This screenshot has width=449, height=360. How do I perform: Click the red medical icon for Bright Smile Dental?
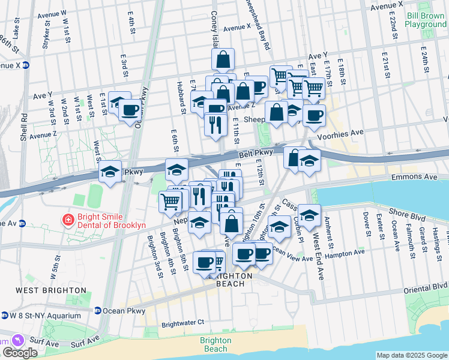pyautogui.click(x=68, y=221)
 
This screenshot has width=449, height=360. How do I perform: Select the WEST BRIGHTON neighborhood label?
pyautogui.click(x=51, y=290)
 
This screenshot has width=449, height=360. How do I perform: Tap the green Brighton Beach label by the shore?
pyautogui.click(x=215, y=344)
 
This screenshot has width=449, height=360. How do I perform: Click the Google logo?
pyautogui.click(x=20, y=353)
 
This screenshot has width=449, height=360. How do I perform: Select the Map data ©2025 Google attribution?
pyautogui.click(x=412, y=355)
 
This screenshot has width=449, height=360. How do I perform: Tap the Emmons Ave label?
pyautogui.click(x=411, y=178)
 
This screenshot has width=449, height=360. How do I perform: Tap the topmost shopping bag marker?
pyautogui.click(x=223, y=59)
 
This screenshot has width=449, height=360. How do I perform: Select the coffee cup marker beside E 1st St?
pyautogui.click(x=130, y=110)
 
